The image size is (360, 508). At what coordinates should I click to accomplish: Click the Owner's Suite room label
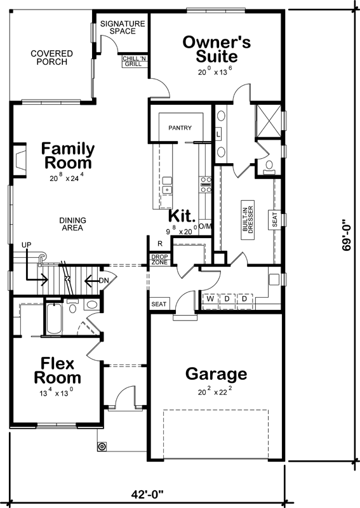click(x=217, y=50)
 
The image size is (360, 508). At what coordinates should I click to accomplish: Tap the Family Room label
click(x=68, y=156)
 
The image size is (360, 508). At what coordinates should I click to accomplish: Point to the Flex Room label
click(x=57, y=371)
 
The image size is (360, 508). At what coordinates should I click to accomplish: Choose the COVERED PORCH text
click(x=51, y=58)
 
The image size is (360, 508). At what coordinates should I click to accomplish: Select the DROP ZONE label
click(x=159, y=260)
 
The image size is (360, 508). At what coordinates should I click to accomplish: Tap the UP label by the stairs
click(x=26, y=244)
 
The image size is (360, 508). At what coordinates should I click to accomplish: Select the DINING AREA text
click(x=73, y=225)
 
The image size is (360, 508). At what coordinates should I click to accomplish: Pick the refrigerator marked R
click(x=160, y=243)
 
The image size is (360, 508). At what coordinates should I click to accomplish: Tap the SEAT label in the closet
click(x=275, y=220)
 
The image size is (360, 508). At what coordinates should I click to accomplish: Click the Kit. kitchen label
click(x=182, y=217)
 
